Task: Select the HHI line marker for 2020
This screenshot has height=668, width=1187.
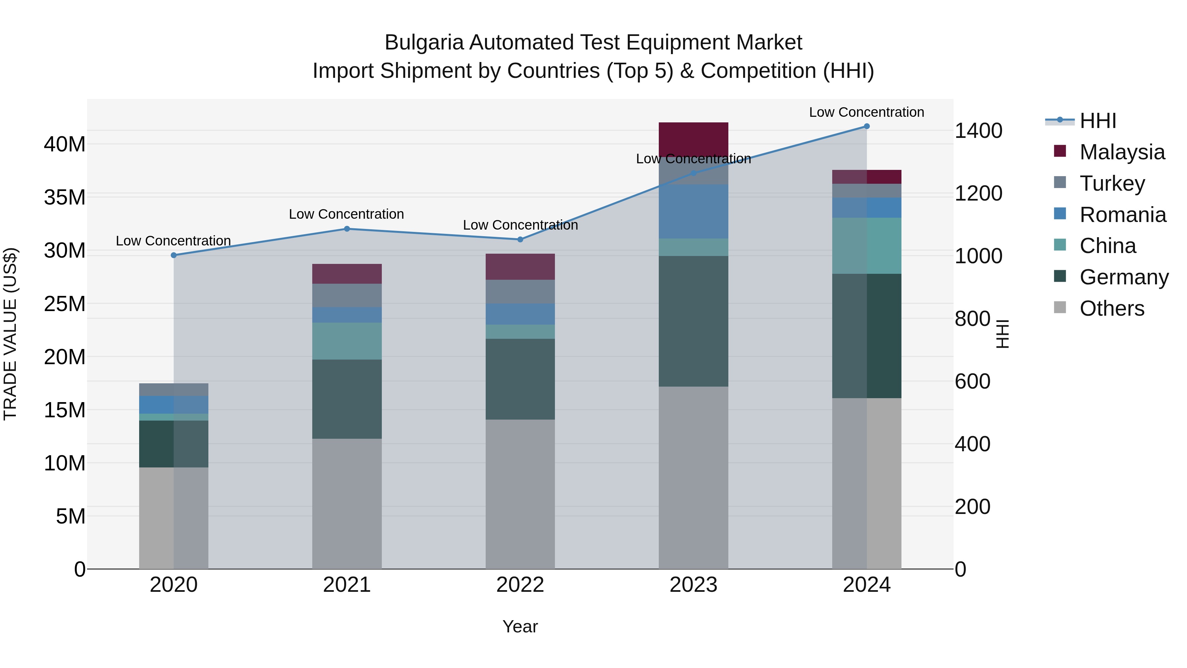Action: click(x=174, y=255)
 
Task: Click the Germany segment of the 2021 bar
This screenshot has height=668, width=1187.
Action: click(x=347, y=399)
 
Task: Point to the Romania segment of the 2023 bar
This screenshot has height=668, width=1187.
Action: click(x=693, y=211)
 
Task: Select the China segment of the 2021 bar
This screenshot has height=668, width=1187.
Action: click(x=347, y=341)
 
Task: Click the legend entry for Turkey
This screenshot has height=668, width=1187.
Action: click(x=1111, y=183)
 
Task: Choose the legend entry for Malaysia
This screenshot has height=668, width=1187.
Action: click(x=1122, y=152)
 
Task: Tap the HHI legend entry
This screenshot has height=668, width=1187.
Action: click(x=1097, y=121)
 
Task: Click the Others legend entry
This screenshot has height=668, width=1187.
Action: click(x=1111, y=308)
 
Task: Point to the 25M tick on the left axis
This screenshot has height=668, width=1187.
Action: click(x=65, y=304)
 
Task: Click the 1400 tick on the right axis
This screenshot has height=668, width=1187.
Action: click(x=978, y=131)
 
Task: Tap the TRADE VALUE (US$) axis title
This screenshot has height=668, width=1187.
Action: click(x=10, y=334)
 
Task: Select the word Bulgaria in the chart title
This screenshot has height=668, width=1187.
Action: click(x=423, y=43)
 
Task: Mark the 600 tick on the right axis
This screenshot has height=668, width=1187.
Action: click(x=972, y=382)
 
